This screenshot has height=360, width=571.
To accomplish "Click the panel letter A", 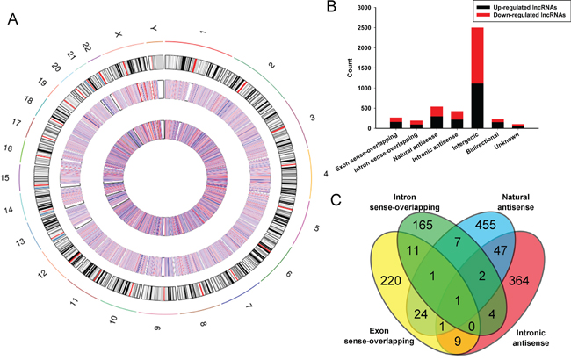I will click(11, 19).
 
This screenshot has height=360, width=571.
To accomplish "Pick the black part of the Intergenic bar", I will click(477, 105).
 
